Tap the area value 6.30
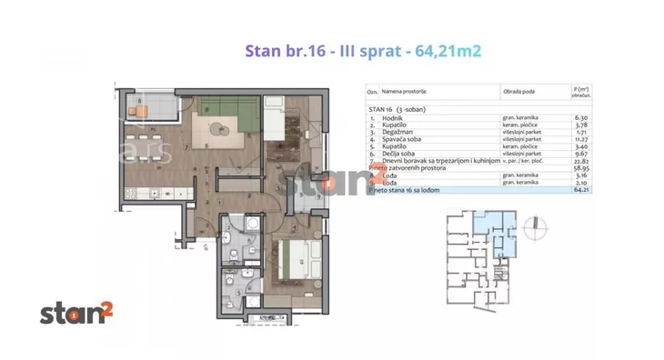pyautogui.click(x=582, y=117)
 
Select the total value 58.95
pyautogui.click(x=582, y=176)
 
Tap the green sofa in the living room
pyautogui.click(x=219, y=111)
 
